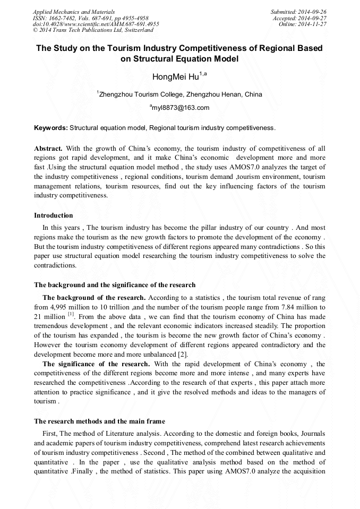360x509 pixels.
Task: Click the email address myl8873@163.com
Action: click(x=181, y=108)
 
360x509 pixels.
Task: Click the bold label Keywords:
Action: click(x=50, y=128)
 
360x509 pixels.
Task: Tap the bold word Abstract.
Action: click(x=48, y=149)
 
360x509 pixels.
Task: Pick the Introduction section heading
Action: click(x=54, y=215)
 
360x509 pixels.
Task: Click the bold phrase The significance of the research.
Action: click(x=96, y=364)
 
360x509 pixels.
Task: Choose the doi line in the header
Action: click(x=96, y=24)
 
